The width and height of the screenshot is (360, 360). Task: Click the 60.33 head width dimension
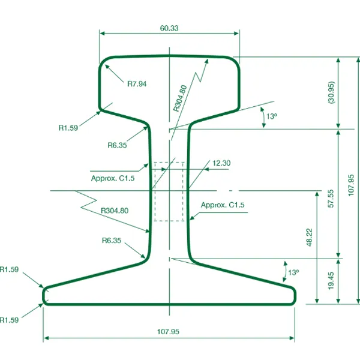point(169,28)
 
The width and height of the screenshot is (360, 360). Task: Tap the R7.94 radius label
point(137,84)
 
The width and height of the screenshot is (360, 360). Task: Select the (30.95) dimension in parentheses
point(331,92)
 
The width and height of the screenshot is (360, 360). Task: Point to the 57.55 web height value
point(331,199)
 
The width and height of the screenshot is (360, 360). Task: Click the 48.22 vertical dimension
point(309,238)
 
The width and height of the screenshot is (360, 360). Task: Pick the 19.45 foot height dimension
point(331,281)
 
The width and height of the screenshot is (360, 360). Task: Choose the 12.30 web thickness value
point(221,163)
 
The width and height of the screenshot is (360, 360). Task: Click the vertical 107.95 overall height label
point(351,185)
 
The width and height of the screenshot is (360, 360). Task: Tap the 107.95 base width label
point(168,332)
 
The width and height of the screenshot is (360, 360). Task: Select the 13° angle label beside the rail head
point(272,116)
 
